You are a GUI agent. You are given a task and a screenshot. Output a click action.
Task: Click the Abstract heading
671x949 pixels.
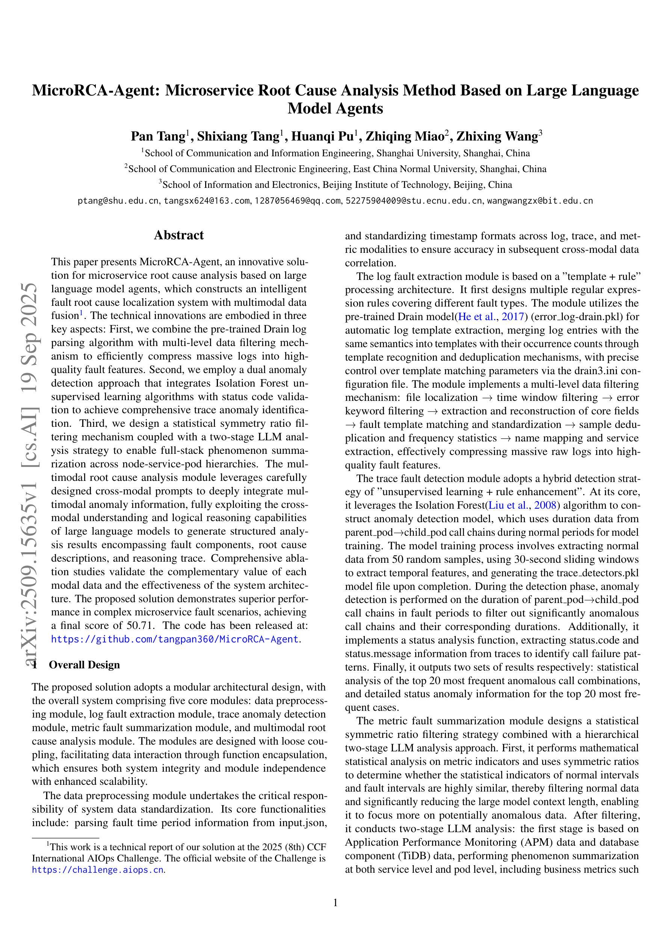[178, 235]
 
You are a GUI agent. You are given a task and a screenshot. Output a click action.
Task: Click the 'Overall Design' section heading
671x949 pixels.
[84, 665]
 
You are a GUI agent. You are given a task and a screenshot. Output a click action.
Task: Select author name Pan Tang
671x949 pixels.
[157, 136]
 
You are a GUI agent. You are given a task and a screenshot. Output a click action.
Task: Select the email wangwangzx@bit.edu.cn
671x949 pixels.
[540, 201]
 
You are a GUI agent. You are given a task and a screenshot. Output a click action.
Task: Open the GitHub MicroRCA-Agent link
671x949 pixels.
[175, 639]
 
